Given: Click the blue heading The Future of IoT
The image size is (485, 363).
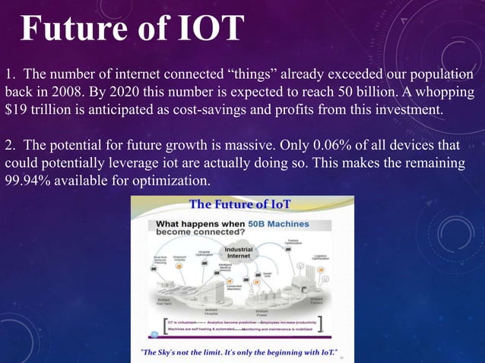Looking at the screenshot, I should click(x=239, y=204).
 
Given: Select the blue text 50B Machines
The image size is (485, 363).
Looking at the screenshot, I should click(x=277, y=223).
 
